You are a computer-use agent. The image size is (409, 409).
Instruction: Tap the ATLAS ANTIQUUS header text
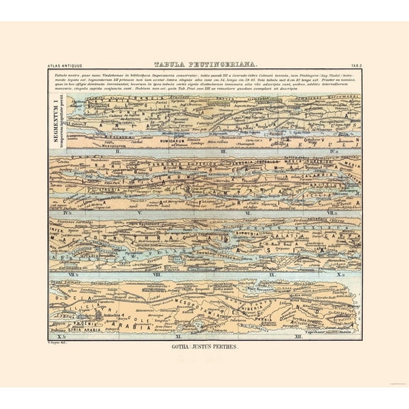click(x=62, y=65)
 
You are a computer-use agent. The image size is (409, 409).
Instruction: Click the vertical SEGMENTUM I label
click(x=56, y=120)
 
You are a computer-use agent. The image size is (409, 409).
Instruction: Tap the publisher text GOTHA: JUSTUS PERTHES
click(x=204, y=348)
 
